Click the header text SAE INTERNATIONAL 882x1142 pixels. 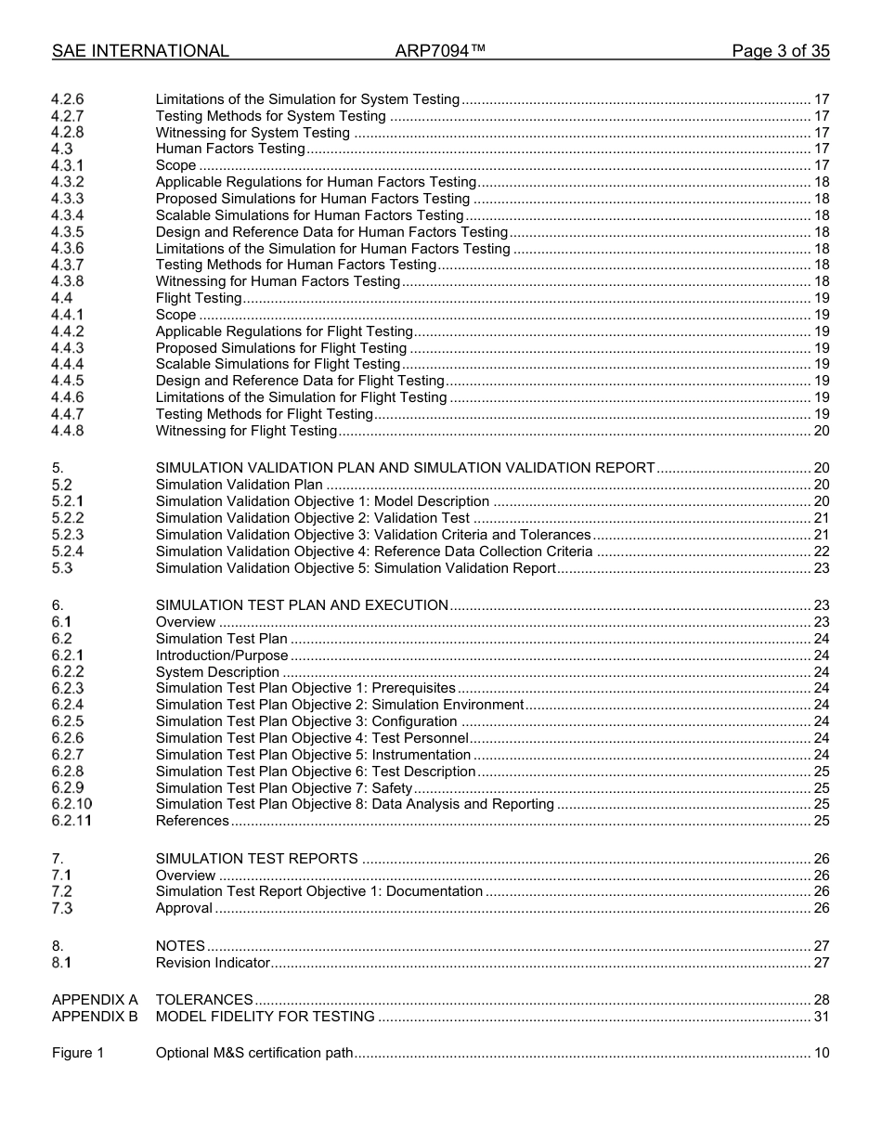point(140,52)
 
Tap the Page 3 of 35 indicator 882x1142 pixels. point(780,52)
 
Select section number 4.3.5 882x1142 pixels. point(68,232)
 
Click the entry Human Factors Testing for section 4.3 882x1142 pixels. point(230,149)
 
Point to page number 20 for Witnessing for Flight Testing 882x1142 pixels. point(821,431)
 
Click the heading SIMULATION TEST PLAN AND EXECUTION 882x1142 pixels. point(302,605)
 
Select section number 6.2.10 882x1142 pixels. point(71,804)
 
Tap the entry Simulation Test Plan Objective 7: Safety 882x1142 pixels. point(284,788)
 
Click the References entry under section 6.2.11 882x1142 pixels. point(192,821)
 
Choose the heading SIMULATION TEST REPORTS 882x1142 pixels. point(256,859)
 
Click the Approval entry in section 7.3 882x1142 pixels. point(184,908)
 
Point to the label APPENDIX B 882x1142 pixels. point(95,1017)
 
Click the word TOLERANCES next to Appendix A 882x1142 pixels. point(204,1000)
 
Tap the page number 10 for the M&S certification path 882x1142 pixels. point(821,1053)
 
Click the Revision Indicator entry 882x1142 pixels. point(213,963)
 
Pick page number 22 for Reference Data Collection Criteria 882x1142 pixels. point(821,552)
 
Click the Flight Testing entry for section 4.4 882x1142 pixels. point(199,298)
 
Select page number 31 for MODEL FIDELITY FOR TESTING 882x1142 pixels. point(821,1017)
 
